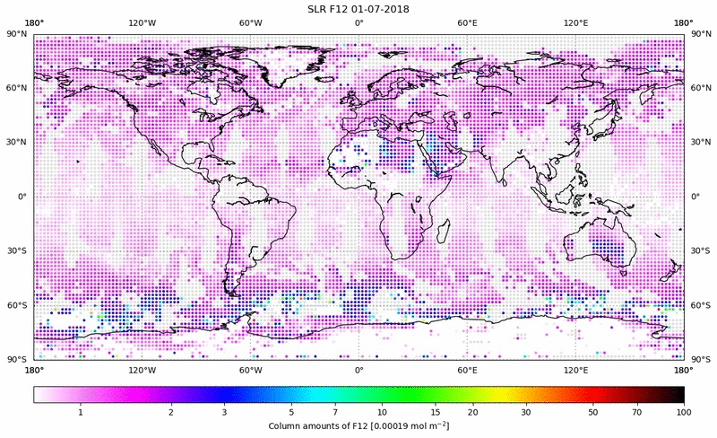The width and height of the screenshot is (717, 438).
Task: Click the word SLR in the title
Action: click(316, 9)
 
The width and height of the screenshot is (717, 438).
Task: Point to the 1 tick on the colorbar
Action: click(81, 412)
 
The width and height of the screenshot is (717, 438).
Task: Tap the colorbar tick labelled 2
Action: click(170, 412)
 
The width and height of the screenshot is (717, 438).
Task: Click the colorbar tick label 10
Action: click(382, 412)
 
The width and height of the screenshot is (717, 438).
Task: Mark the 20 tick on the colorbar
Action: click(471, 412)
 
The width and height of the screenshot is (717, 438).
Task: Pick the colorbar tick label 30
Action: click(526, 412)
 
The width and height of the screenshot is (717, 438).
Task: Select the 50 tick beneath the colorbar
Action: click(592, 412)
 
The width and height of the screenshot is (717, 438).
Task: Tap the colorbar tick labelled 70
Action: click(637, 412)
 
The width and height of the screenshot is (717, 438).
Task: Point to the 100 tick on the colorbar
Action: click(684, 412)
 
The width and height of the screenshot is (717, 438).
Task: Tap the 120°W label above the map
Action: click(143, 22)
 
